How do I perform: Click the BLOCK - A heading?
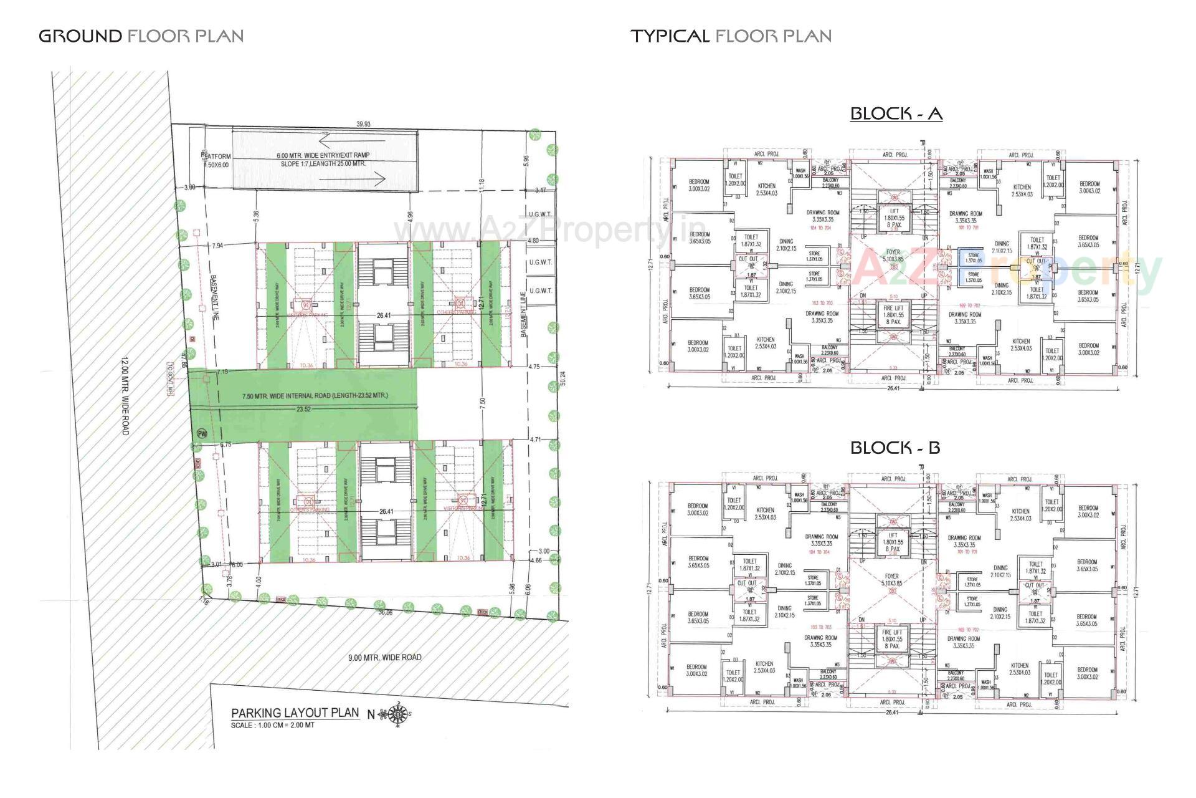pos(896,113)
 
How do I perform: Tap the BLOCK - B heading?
pos(895,448)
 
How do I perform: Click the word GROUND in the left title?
pos(80,36)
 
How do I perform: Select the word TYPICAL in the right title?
pos(670,36)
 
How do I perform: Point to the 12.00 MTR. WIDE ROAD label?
pos(125,395)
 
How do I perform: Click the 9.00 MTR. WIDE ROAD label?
pos(384,657)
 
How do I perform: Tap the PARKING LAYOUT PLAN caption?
pos(295,713)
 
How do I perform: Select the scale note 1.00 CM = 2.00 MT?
pos(272,726)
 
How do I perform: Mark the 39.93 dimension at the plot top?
pos(363,125)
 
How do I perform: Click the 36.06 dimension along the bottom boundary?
pos(386,613)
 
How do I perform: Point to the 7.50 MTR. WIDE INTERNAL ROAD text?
pos(315,396)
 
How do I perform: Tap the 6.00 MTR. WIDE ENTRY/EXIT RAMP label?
pos(323,155)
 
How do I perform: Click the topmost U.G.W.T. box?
pos(540,214)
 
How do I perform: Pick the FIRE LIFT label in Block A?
pos(893,309)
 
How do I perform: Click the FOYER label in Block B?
pos(892,577)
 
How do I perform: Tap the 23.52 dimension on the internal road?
pos(304,410)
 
